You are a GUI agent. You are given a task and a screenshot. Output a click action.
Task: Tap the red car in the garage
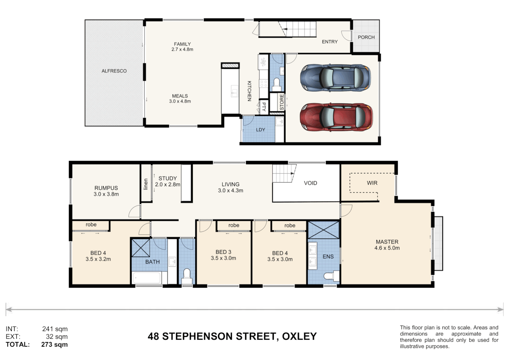click(336, 117)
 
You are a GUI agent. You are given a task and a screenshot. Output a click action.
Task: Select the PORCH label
click(366, 37)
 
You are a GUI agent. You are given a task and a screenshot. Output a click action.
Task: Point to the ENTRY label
click(329, 42)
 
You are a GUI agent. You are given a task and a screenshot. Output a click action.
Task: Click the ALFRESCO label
click(114, 71)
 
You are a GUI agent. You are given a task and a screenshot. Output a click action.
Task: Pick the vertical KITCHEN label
click(249, 91)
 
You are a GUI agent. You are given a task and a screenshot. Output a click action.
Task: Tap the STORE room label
click(282, 102)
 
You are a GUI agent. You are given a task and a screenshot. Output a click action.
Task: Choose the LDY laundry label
click(260, 130)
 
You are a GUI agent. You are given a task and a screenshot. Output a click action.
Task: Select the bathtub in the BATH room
click(147, 278)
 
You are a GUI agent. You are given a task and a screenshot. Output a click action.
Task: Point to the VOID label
click(310, 183)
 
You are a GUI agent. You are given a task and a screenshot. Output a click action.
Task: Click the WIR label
click(372, 183)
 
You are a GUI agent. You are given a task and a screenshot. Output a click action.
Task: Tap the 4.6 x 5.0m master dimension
click(387, 248)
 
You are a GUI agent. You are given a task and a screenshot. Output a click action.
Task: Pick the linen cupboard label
click(146, 184)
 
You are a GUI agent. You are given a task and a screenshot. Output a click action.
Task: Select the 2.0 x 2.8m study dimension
click(168, 185)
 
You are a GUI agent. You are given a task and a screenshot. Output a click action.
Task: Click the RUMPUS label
click(106, 188)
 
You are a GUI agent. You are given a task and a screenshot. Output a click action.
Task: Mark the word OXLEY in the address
click(299, 336)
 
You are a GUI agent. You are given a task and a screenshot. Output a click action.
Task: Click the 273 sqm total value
click(54, 344)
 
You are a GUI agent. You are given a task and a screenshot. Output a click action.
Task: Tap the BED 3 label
click(223, 252)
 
